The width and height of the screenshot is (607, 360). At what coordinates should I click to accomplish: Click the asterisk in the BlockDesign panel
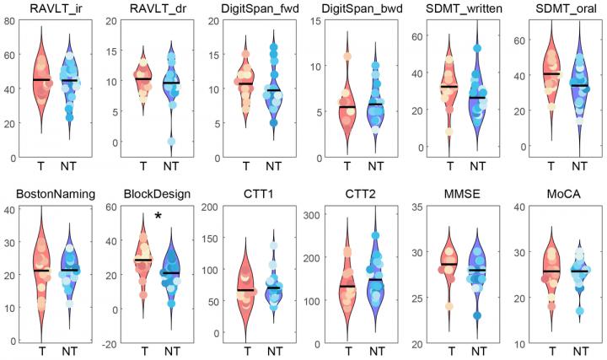pos(158,217)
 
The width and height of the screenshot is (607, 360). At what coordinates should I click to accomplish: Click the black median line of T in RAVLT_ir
pos(42,79)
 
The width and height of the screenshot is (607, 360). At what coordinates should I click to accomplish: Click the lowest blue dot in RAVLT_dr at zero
pos(171,141)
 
